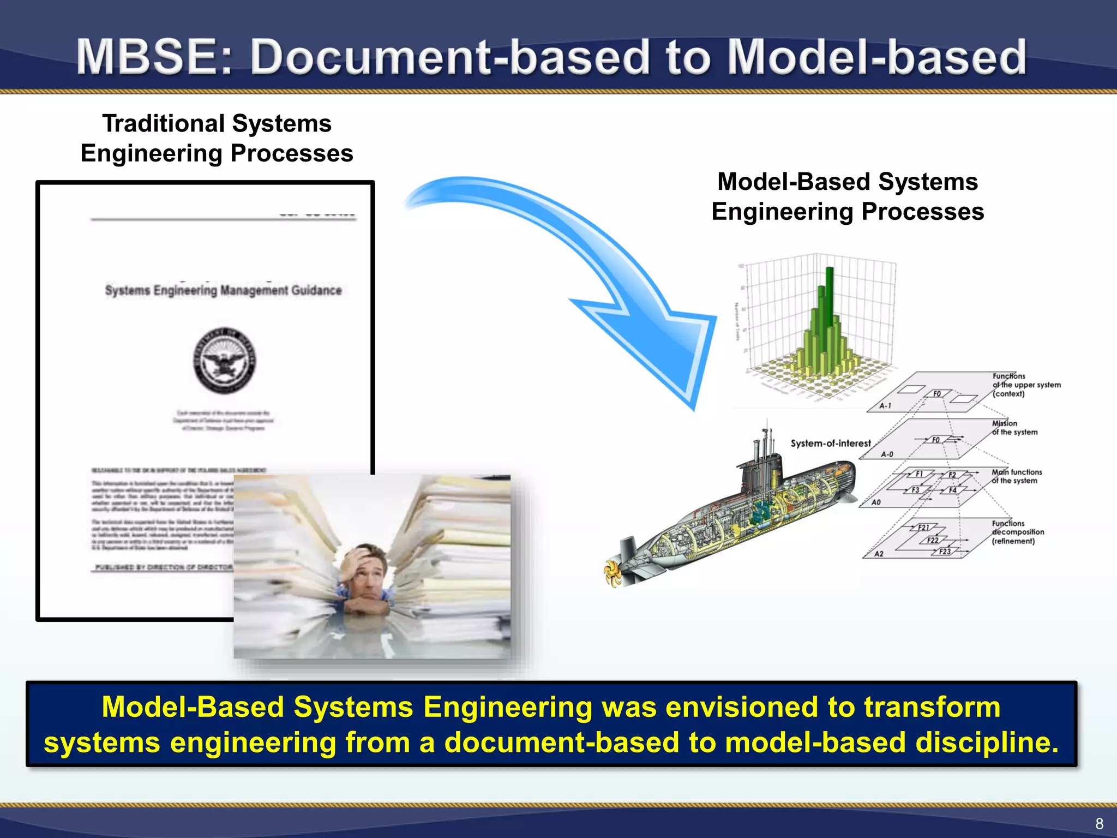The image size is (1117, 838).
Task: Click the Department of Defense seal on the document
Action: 224,361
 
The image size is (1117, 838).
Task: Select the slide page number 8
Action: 1099,823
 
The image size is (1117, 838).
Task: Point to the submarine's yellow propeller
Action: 614,572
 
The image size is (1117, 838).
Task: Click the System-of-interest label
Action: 830,444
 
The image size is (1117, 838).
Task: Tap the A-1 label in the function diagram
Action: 885,406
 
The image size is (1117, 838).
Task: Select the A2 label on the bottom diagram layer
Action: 879,554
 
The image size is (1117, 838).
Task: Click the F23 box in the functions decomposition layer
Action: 945,552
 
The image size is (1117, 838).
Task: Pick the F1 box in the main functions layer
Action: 919,474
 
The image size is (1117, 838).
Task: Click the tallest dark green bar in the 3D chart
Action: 830,306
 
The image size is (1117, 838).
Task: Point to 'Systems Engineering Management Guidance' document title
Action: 223,290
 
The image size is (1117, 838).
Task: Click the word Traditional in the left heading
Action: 158,124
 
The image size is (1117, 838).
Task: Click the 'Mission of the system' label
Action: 1014,428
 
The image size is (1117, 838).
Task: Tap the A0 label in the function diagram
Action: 876,502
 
